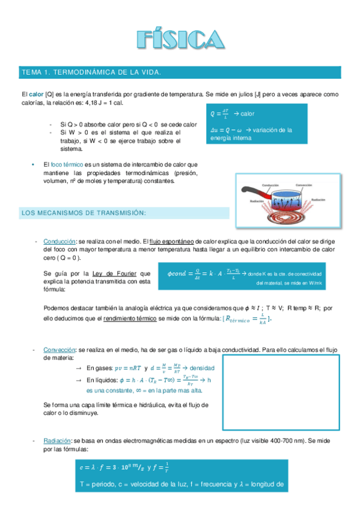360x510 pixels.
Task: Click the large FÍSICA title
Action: (180, 39)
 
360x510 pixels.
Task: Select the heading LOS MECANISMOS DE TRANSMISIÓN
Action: (84, 213)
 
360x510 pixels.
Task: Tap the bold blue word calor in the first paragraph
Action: (37, 94)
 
